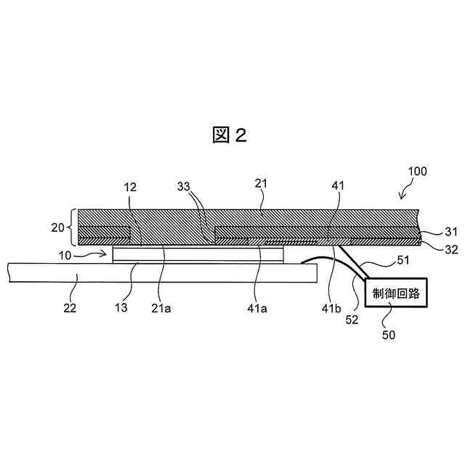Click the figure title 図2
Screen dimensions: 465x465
coord(230,134)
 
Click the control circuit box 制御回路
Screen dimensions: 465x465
coord(397,294)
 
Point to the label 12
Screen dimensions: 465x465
coord(130,187)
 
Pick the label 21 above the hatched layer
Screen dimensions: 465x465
coord(262,185)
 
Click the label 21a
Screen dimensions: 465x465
coord(162,307)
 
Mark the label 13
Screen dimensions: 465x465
coord(121,307)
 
